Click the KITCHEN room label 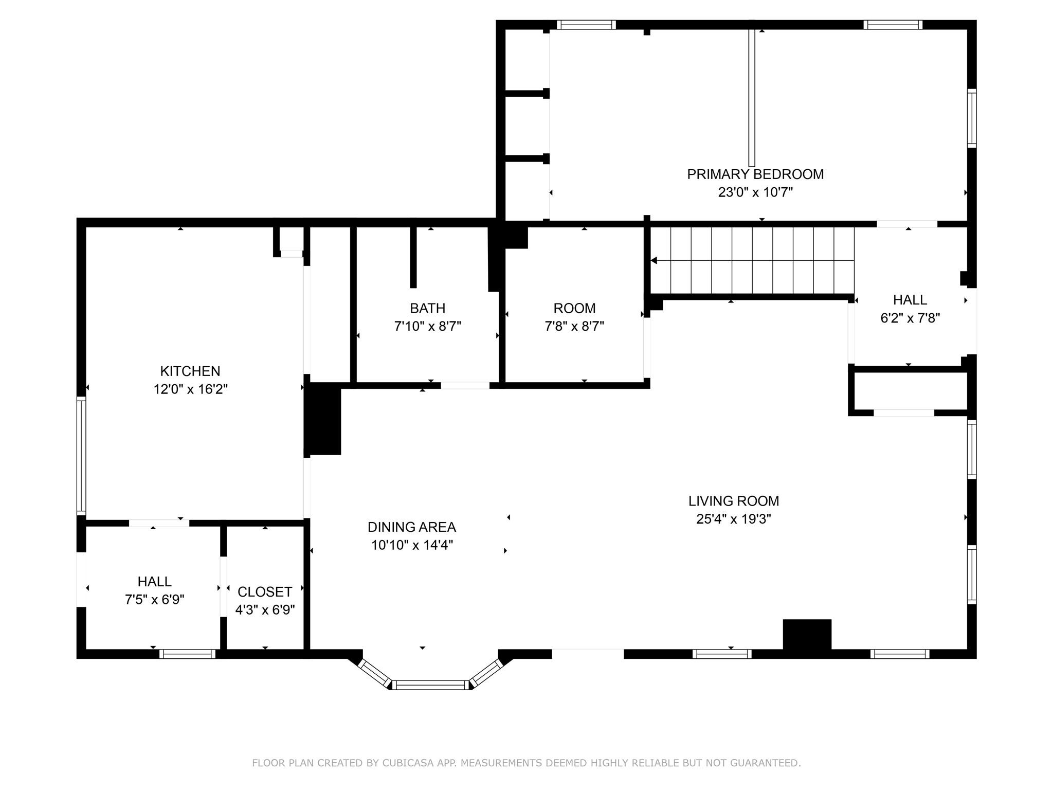pos(190,371)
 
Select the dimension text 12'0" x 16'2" pos(190,389)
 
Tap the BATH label pos(427,308)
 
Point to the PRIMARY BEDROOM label pos(755,174)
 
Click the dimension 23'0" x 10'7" pos(755,192)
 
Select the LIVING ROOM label pos(733,501)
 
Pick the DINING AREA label pos(411,527)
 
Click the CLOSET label pos(265,592)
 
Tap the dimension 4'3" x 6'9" pos(265,610)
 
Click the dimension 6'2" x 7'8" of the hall pos(910,318)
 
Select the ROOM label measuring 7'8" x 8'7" pos(574,308)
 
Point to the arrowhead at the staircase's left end pos(654,261)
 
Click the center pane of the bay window pos(431,685)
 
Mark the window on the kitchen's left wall pos(81,455)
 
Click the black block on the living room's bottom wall pos(807,637)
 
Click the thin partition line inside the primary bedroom pos(751,98)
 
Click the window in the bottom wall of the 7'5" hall pos(187,654)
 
